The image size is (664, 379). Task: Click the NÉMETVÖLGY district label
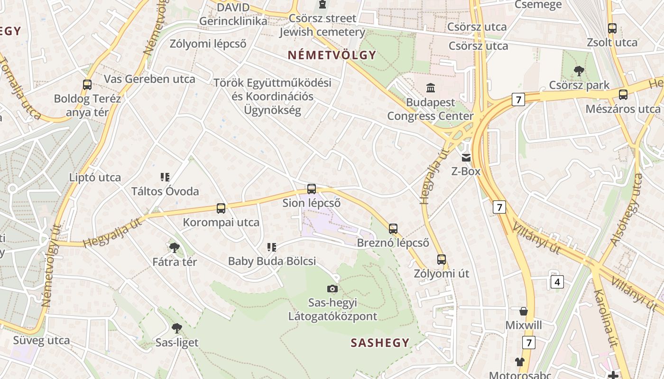pyautogui.click(x=332, y=55)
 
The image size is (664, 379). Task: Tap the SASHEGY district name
pyautogui.click(x=380, y=343)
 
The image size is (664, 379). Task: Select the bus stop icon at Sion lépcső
pyautogui.click(x=312, y=189)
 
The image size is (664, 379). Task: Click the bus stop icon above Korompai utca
pyautogui.click(x=221, y=208)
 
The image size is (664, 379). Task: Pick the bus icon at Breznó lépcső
pyautogui.click(x=393, y=229)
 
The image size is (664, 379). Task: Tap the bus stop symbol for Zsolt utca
pyautogui.click(x=612, y=28)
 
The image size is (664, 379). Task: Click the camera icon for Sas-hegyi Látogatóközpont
pyautogui.click(x=332, y=289)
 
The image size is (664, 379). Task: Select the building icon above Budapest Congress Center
pyautogui.click(x=431, y=88)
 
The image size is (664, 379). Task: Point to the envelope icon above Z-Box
pyautogui.click(x=466, y=157)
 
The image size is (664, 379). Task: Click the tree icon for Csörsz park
pyautogui.click(x=579, y=71)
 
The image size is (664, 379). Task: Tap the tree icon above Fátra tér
pyautogui.click(x=175, y=247)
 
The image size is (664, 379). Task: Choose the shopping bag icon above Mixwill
pyautogui.click(x=524, y=311)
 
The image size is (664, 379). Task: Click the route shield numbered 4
pyautogui.click(x=557, y=282)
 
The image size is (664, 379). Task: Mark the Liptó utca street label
pyautogui.click(x=95, y=178)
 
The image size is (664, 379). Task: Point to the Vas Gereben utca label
pyautogui.click(x=149, y=79)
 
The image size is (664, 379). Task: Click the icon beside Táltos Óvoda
pyautogui.click(x=165, y=177)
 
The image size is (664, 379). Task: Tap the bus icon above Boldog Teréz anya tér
pyautogui.click(x=87, y=85)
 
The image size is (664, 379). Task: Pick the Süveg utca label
pyautogui.click(x=41, y=340)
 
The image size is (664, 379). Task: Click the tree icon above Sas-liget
pyautogui.click(x=177, y=328)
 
